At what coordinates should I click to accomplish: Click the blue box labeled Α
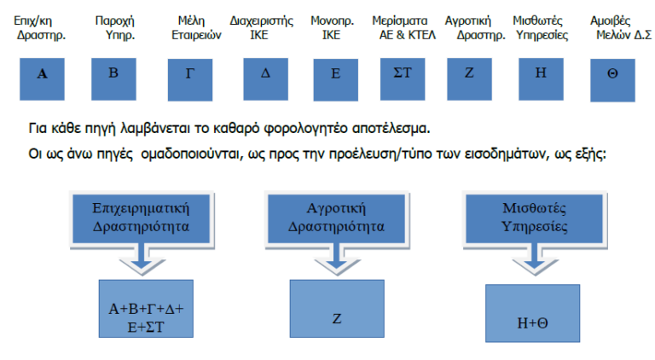click(43, 74)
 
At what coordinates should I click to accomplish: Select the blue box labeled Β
click(113, 74)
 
